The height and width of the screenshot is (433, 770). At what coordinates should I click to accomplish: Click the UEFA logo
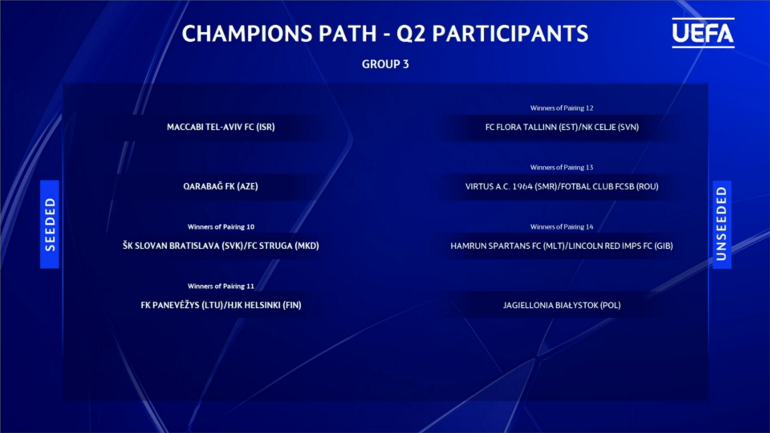(x=703, y=33)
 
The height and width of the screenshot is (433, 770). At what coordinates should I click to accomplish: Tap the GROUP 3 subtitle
(x=385, y=64)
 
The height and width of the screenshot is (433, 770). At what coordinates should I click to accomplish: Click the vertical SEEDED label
(x=50, y=224)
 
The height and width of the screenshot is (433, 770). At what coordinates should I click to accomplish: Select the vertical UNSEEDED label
(x=722, y=224)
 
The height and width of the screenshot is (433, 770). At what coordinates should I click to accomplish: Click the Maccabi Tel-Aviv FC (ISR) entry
(x=221, y=127)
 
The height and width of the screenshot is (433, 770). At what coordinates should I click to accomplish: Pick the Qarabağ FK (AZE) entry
(x=221, y=187)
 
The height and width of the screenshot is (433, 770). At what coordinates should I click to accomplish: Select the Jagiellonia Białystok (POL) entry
(x=562, y=305)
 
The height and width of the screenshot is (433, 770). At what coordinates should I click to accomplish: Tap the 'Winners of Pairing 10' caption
(x=221, y=227)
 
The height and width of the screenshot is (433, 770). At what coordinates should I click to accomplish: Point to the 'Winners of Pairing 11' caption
(x=221, y=286)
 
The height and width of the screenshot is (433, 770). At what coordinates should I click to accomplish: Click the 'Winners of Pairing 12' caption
(x=562, y=108)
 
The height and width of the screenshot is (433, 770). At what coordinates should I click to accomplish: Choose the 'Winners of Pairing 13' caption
(x=562, y=167)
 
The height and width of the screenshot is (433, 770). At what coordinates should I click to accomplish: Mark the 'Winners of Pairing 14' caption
(x=562, y=227)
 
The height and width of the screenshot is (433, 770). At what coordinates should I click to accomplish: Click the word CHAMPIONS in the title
(x=247, y=33)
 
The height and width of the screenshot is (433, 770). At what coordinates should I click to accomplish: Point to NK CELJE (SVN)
(x=610, y=127)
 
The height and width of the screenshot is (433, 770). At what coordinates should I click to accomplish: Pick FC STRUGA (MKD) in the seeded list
(x=283, y=246)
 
